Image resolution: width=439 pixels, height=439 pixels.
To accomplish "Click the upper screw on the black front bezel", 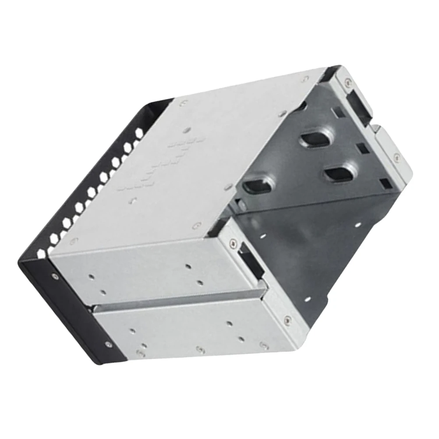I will [x=54, y=276].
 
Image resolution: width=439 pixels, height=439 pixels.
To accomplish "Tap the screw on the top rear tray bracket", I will [x=347, y=81].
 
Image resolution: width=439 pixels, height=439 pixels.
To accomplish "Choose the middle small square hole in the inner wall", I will [x=362, y=149].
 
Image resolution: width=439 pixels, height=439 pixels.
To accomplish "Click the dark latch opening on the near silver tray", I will [x=249, y=262].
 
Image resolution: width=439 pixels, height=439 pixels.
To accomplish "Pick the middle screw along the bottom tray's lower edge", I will [x=200, y=349].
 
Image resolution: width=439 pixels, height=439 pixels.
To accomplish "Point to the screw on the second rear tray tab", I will [x=396, y=155].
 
